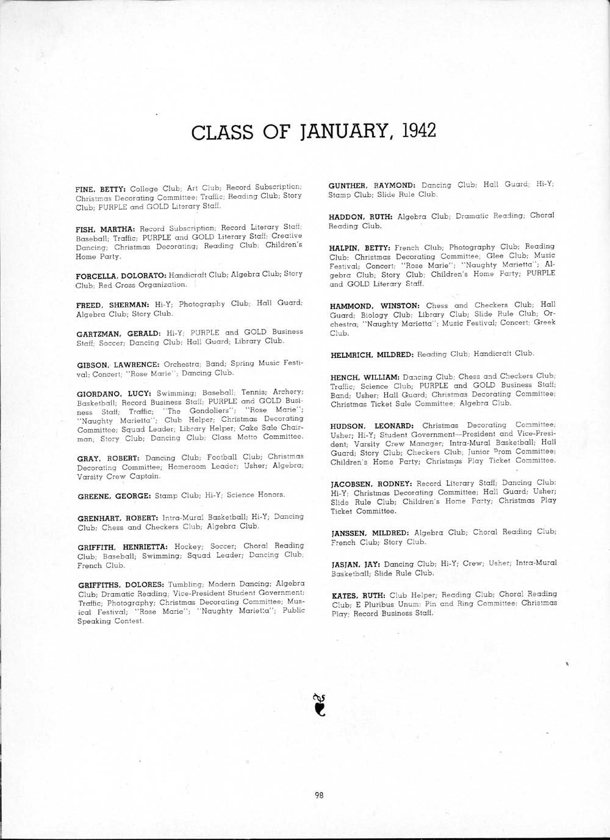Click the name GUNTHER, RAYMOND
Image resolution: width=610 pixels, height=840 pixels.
371,185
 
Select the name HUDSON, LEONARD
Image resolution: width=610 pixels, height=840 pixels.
371,425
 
